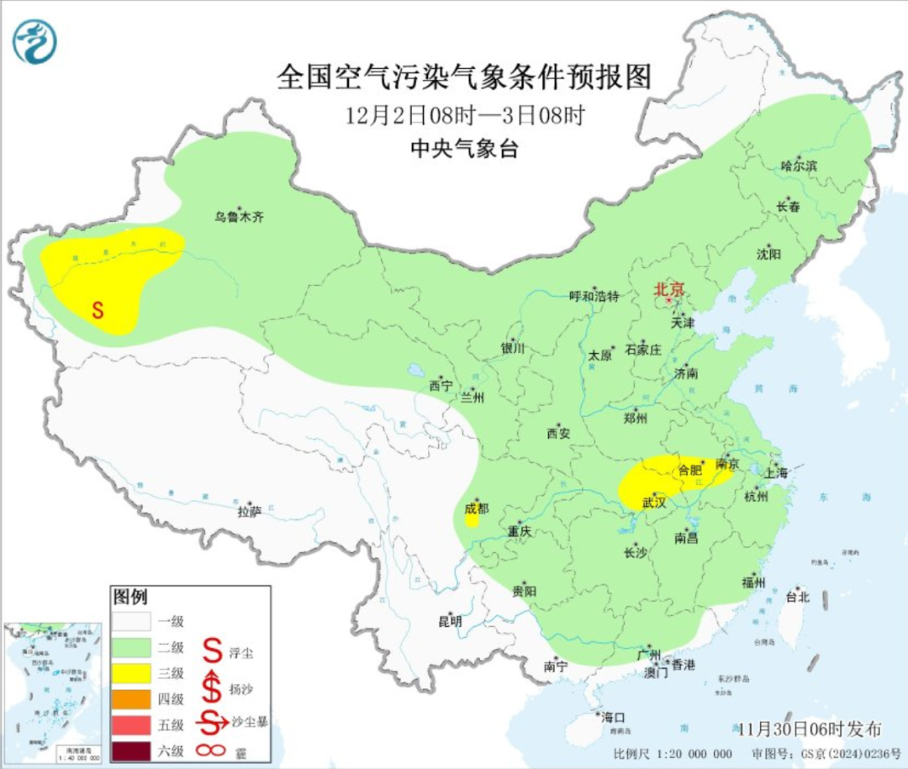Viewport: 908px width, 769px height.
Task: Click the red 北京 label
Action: coord(669,289)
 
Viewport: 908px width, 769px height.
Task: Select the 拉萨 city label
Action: coord(250,511)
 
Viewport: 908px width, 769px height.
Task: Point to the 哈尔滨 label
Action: coord(798,166)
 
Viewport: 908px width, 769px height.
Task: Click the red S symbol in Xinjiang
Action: coord(98,309)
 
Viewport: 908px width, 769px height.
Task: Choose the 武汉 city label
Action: coord(653,503)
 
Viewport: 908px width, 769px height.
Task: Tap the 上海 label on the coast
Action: coord(777,472)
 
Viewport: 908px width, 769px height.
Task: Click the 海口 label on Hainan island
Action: coord(613,717)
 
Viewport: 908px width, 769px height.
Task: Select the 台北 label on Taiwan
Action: coord(796,597)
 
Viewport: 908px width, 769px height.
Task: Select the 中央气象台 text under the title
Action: coord(464,150)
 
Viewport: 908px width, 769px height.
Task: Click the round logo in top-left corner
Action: coord(34,41)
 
